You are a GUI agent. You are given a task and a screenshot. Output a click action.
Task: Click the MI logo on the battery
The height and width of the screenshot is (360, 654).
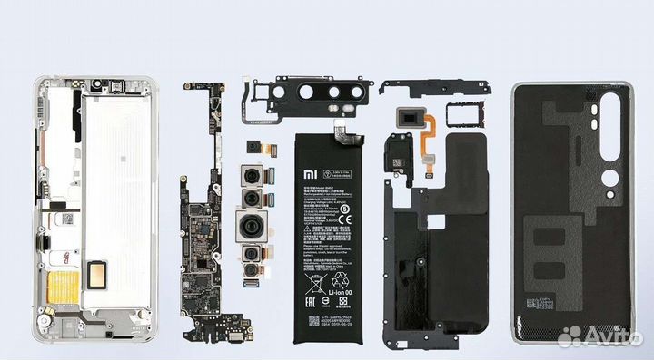pyautogui.click(x=312, y=170)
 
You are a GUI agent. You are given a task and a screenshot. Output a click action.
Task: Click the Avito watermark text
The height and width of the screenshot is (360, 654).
pyautogui.click(x=617, y=336)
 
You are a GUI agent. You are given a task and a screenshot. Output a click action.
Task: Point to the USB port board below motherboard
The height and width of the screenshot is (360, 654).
pyautogui.click(x=225, y=325)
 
